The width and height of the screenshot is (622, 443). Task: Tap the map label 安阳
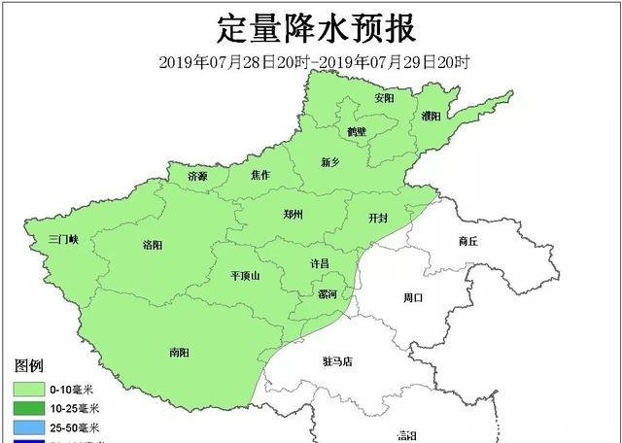click(384, 99)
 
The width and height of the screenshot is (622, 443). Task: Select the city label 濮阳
click(430, 118)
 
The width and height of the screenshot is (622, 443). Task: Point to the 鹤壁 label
click(357, 131)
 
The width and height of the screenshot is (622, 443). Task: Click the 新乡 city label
click(331, 162)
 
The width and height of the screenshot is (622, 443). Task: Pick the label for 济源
click(197, 176)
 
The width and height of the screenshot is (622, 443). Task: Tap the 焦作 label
click(259, 175)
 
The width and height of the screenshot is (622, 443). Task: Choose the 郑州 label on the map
click(294, 215)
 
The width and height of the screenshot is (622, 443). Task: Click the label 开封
click(378, 218)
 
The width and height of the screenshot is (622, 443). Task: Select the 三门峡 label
click(68, 239)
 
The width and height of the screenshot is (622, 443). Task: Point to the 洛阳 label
click(153, 245)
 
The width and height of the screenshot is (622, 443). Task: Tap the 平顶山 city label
click(245, 276)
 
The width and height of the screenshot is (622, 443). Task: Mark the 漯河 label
click(328, 294)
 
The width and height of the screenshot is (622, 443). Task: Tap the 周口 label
click(413, 298)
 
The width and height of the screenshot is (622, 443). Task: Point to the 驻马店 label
click(338, 361)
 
